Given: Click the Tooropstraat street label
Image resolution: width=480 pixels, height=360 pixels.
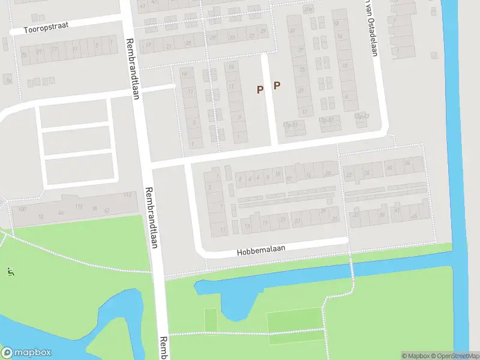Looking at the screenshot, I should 46,29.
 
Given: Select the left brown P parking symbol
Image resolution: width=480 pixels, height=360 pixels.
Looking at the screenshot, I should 260,89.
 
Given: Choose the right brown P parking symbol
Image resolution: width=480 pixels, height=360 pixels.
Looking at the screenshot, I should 277,86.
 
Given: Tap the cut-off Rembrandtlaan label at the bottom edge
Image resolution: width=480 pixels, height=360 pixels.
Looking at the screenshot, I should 163,348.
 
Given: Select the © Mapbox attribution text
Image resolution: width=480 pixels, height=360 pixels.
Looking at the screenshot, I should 415,356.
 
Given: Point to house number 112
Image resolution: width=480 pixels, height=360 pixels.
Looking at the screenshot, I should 127,195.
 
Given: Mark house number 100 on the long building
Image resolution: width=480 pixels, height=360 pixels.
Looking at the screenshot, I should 22,209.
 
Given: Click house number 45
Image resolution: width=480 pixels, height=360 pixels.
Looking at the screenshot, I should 413,217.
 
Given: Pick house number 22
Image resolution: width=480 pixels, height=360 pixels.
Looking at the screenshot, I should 349,175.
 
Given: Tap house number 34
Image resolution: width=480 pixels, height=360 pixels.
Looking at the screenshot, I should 407,163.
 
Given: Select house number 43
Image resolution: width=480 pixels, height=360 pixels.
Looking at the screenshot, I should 397,210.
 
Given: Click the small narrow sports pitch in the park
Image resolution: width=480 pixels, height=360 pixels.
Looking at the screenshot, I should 210,319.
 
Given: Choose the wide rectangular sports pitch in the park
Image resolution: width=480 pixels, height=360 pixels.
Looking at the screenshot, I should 295,319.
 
